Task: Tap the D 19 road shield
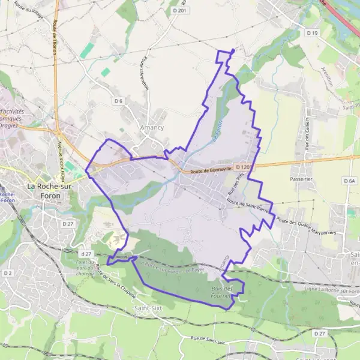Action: (x=311, y=33)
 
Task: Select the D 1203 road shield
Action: (x=242, y=167)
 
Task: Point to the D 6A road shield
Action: (x=350, y=180)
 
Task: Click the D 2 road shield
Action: (x=7, y=273)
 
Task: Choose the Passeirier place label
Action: (x=301, y=179)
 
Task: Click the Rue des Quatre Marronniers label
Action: (x=311, y=226)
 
